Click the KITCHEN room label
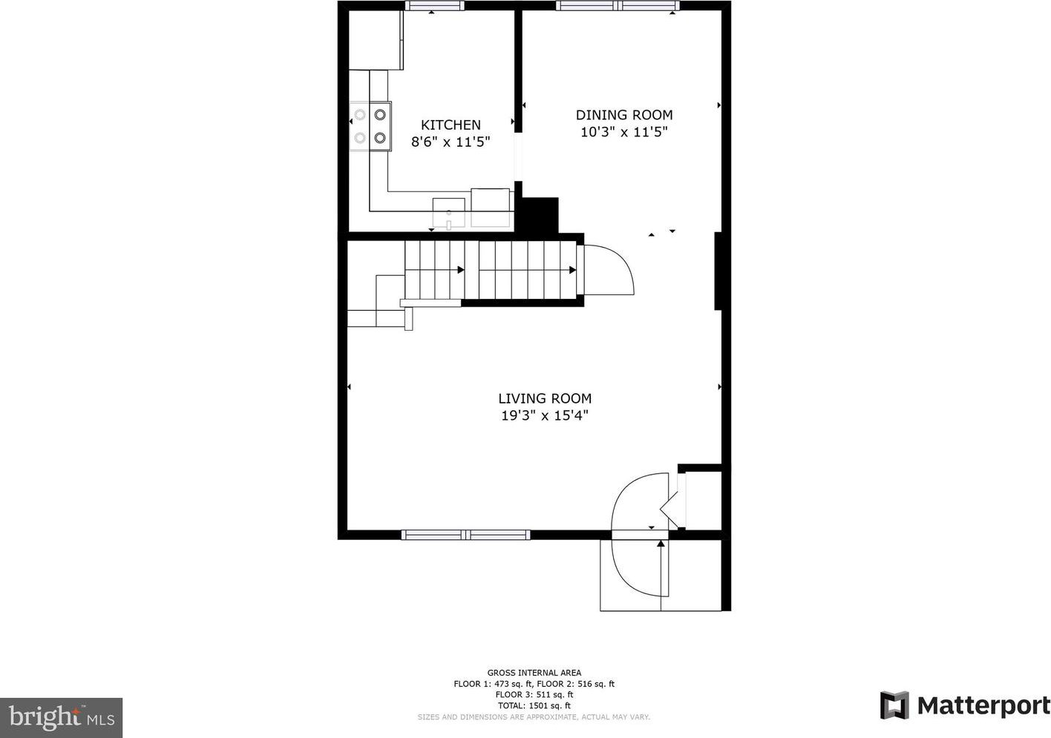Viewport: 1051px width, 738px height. tap(451, 125)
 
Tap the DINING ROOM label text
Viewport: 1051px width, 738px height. tap(624, 115)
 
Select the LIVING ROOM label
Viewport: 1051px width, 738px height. tap(545, 398)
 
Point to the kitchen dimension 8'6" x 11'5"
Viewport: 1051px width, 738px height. tap(451, 141)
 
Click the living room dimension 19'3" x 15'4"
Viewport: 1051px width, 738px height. tap(545, 415)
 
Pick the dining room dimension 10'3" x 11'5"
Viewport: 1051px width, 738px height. tap(624, 132)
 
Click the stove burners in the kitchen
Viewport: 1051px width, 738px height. tap(370, 126)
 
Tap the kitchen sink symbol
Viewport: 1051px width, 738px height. tap(448, 214)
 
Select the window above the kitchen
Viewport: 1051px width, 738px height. tap(434, 6)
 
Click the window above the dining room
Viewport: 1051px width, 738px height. tap(618, 6)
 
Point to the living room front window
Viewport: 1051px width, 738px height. tap(466, 535)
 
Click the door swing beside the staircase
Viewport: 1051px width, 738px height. tap(609, 270)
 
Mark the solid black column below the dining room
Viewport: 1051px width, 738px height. tap(540, 215)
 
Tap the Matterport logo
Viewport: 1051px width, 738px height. tap(965, 705)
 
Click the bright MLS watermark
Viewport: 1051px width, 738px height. tap(62, 717)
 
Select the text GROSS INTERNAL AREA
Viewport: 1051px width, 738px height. tap(534, 673)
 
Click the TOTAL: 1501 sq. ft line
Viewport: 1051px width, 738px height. tap(534, 705)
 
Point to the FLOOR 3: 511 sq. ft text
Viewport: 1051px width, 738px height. tap(534, 694)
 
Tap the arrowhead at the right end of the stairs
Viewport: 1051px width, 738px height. tap(572, 270)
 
